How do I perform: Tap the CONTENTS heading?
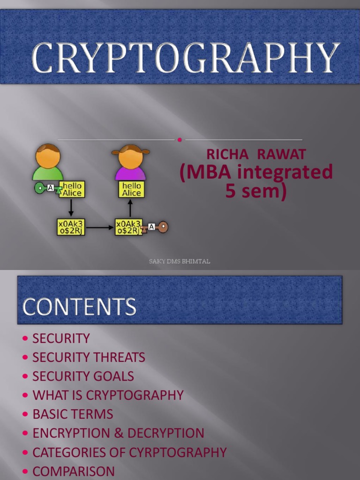79,307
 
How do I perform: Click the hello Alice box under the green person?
72,189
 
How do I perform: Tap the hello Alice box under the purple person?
131,189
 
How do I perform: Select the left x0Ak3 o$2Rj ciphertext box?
71,227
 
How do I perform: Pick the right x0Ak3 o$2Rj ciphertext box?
128,227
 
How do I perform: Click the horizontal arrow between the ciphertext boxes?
100,228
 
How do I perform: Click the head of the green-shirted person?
48,156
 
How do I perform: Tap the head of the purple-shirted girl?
130,157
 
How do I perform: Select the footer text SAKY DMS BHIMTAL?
180,262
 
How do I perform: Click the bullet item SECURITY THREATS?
89,357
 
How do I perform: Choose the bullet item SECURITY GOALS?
83,376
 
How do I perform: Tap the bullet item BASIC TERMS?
73,414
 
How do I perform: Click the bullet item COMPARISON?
74,471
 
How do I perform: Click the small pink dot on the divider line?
180,140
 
